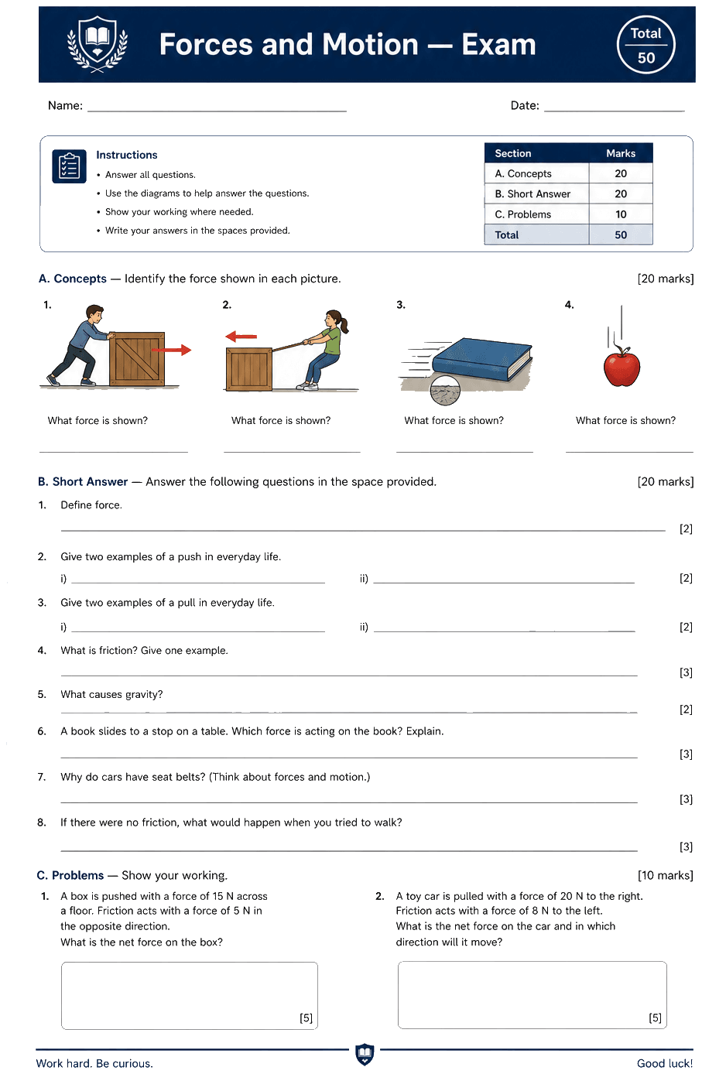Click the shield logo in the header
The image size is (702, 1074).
(98, 44)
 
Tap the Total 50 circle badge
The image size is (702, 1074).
(645, 45)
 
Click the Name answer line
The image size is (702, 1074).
(217, 111)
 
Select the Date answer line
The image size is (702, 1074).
(615, 111)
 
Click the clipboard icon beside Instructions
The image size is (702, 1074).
(69, 166)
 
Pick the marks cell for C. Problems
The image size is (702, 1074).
(621, 214)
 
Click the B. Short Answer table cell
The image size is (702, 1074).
(536, 193)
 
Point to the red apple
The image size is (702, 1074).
(622, 367)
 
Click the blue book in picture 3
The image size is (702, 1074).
(482, 360)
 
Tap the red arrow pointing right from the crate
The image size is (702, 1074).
(171, 351)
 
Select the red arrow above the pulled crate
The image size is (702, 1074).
(241, 337)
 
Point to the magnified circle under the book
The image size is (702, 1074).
(445, 390)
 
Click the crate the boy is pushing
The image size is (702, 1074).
(137, 358)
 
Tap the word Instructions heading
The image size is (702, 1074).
(127, 155)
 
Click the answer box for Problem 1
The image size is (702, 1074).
(190, 995)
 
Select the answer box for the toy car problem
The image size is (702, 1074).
(532, 995)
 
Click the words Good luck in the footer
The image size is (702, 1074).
(665, 1063)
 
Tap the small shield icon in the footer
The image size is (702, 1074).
(365, 1055)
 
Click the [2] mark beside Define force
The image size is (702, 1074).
(686, 528)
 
